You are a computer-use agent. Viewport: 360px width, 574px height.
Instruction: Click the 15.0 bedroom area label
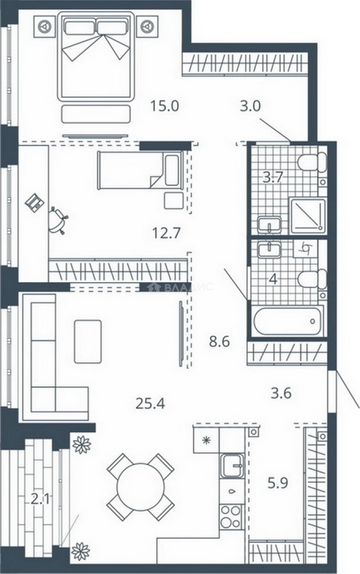[164, 106]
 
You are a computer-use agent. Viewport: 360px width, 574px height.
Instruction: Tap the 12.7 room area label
[166, 232]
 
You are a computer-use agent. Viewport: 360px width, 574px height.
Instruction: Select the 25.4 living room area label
[150, 403]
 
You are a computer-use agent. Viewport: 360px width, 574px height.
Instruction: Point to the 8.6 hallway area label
[220, 342]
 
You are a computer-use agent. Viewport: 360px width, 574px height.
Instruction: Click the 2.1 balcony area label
[40, 499]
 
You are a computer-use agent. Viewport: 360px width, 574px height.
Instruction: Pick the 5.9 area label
[278, 483]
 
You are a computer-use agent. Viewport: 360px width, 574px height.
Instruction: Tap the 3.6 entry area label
[281, 393]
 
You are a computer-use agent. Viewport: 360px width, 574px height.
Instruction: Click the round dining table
[140, 487]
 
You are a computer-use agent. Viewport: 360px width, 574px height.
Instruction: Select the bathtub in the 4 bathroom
[289, 320]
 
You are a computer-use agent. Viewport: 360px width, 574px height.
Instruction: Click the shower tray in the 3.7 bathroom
[308, 216]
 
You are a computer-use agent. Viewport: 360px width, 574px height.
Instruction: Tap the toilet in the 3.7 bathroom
[312, 162]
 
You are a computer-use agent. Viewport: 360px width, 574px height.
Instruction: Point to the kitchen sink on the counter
[232, 465]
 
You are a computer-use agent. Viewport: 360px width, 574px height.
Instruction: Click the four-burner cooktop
[231, 517]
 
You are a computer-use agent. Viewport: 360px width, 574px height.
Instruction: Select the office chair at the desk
[58, 221]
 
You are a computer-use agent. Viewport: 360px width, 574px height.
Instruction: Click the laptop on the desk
[35, 202]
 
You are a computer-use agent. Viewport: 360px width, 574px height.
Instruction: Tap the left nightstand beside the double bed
[44, 27]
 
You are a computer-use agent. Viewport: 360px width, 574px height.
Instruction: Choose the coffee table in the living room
[88, 342]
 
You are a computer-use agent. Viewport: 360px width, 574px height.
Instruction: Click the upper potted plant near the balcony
[82, 444]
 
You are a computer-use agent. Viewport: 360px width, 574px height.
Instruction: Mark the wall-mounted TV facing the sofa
[181, 333]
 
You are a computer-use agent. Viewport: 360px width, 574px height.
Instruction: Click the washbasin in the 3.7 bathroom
[269, 224]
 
